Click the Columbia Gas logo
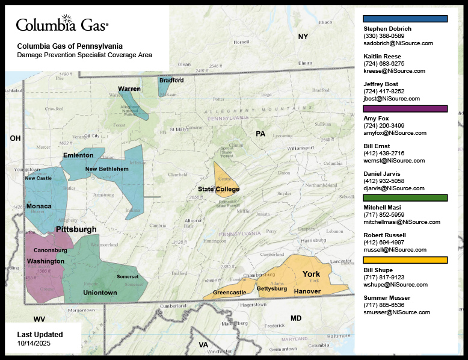62,25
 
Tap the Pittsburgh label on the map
76,229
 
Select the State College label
218,189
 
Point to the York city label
311,274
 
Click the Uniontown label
100,293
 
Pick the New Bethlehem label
107,169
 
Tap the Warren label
129,88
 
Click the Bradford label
171,80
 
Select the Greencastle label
229,293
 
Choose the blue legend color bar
405,19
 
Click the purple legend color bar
405,109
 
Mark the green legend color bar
405,197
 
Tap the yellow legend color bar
405,260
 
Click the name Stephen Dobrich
387,29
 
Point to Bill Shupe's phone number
384,278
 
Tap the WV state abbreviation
39,319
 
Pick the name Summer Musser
387,298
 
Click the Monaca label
38,206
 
